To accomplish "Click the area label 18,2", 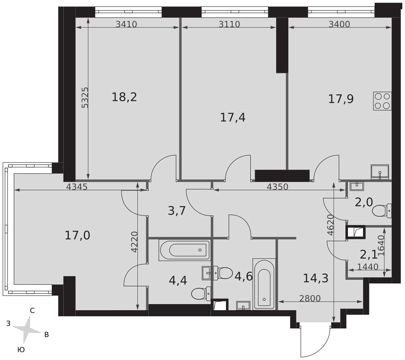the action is tap(124, 97).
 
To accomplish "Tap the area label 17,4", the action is tap(233, 117).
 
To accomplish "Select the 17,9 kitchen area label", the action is tap(341, 99).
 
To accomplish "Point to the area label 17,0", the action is tap(77, 236).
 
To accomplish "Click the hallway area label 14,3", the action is tap(315, 278).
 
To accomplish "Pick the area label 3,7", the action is tap(177, 211).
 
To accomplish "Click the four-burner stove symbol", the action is tap(382, 101).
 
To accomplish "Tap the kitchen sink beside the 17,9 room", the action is tap(380, 172).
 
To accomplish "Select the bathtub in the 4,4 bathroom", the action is tap(184, 250).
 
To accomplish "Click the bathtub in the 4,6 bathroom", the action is tap(264, 283).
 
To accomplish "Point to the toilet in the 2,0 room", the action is tap(382, 211).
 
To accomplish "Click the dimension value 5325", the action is tap(85, 98).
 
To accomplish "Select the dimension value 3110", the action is tap(229, 24).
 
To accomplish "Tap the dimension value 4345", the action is tap(77, 186).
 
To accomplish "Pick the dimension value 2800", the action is tap(310, 298).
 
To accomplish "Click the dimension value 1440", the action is tap(368, 267).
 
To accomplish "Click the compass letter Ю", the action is tap(21, 349).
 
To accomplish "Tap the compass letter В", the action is tap(47, 335).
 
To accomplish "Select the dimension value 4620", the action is tap(330, 225).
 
